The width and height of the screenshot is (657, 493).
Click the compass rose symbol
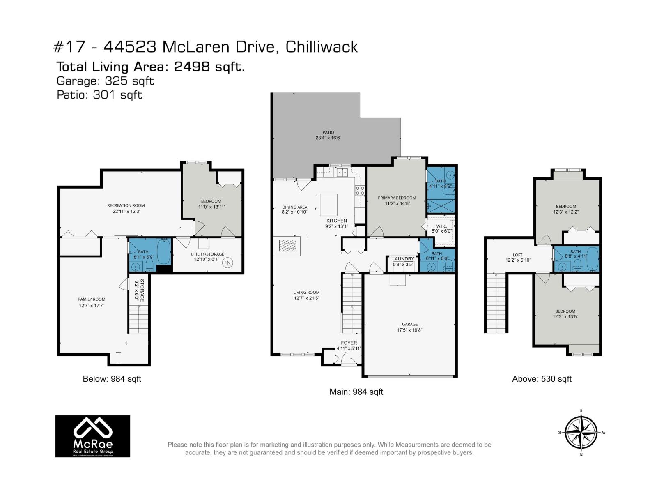tap(581, 433)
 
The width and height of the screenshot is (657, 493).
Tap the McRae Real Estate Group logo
tap(93, 436)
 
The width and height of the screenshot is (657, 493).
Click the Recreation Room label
tap(126, 205)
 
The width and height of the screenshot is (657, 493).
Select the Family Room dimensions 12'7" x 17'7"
tap(92, 306)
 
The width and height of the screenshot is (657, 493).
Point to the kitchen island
tap(328, 205)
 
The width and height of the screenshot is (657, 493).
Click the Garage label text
tap(409, 324)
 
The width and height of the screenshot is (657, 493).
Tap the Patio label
tap(328, 132)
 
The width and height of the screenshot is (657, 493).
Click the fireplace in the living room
tap(287, 246)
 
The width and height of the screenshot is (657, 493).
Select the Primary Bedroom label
tap(397, 198)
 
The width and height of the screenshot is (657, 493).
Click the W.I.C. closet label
tap(441, 226)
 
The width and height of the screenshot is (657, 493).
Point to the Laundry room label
tap(403, 259)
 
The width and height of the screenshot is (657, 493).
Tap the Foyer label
tap(349, 343)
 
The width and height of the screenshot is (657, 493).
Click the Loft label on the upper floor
tap(517, 255)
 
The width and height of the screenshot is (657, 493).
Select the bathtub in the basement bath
tap(164, 251)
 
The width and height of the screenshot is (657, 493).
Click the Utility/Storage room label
tap(207, 254)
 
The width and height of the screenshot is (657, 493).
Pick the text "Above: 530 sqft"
tap(542, 379)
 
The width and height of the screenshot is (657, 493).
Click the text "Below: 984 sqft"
tap(112, 379)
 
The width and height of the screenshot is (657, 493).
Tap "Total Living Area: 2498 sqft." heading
tap(150, 67)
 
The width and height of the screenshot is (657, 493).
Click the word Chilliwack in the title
tap(322, 47)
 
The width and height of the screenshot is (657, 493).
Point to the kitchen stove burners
tap(360, 190)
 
